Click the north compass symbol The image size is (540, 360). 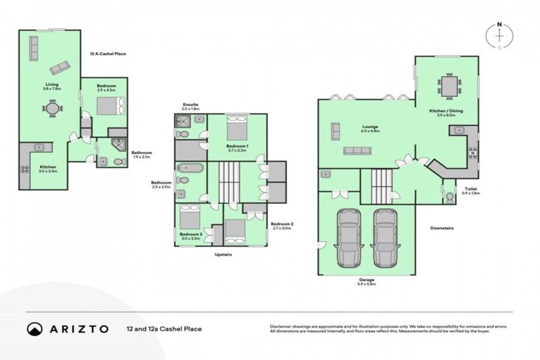tap(499, 37)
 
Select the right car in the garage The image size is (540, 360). tap(385, 237)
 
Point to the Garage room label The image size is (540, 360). tap(366, 281)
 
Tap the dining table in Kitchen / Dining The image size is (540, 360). tap(448, 85)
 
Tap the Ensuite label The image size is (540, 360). tap(191, 106)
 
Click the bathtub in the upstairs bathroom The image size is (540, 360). tap(189, 169)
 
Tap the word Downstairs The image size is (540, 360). tap(444, 229)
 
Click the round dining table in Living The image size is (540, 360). tap(51, 109)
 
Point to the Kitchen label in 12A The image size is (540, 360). tap(48, 169)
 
